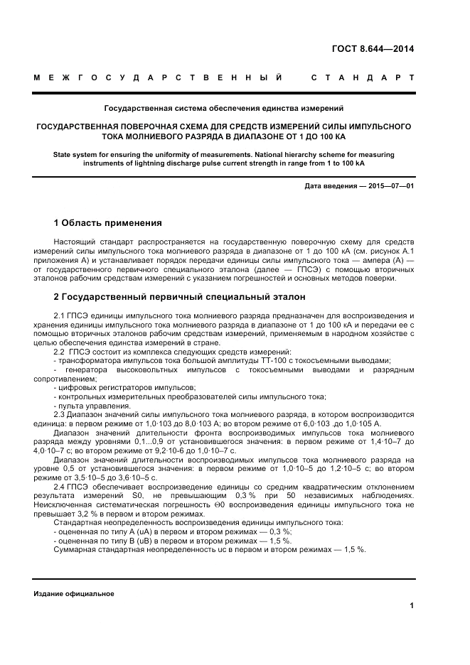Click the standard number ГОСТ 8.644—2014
(x=373, y=49)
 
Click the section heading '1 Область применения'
(x=108, y=222)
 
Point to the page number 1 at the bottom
(x=412, y=605)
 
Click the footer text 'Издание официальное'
(x=74, y=593)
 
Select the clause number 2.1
(x=60, y=315)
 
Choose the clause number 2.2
(x=60, y=352)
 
